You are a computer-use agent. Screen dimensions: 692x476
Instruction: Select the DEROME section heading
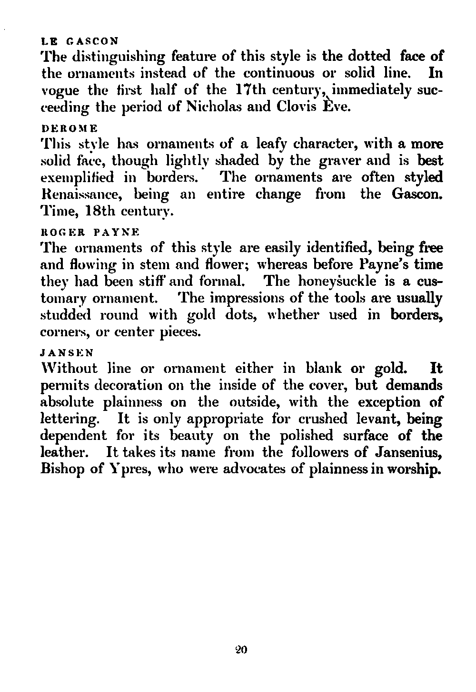click(69, 128)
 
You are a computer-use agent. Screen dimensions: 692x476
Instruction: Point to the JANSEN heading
click(67, 353)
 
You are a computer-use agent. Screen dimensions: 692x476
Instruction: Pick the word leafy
click(277, 144)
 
